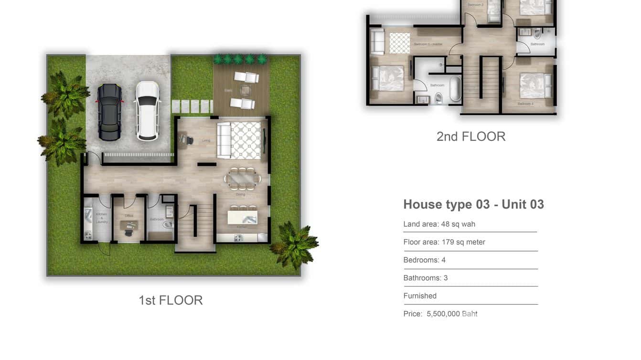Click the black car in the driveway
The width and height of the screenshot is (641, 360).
(x=109, y=112)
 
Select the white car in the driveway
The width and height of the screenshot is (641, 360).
(x=148, y=111)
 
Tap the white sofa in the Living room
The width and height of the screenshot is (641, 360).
(x=224, y=140)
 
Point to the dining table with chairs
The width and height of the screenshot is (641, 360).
(x=243, y=179)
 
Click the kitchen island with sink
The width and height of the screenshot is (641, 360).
(x=242, y=217)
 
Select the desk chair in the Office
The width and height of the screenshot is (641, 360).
(x=128, y=231)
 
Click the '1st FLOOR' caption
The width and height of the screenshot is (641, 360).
(x=171, y=300)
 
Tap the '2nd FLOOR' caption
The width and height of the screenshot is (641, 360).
(x=470, y=136)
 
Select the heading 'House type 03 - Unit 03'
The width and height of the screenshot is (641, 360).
(x=473, y=204)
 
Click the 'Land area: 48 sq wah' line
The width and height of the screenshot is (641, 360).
(x=439, y=224)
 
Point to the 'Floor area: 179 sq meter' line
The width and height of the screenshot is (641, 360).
(x=444, y=242)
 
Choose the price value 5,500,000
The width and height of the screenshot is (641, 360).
(x=443, y=314)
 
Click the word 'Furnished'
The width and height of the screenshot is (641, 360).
(x=420, y=296)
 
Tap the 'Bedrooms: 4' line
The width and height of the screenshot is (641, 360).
(x=425, y=260)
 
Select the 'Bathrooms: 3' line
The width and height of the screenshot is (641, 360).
(x=426, y=278)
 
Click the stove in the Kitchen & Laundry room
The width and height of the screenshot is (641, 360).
(x=88, y=234)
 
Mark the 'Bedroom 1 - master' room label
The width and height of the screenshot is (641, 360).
(x=428, y=44)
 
